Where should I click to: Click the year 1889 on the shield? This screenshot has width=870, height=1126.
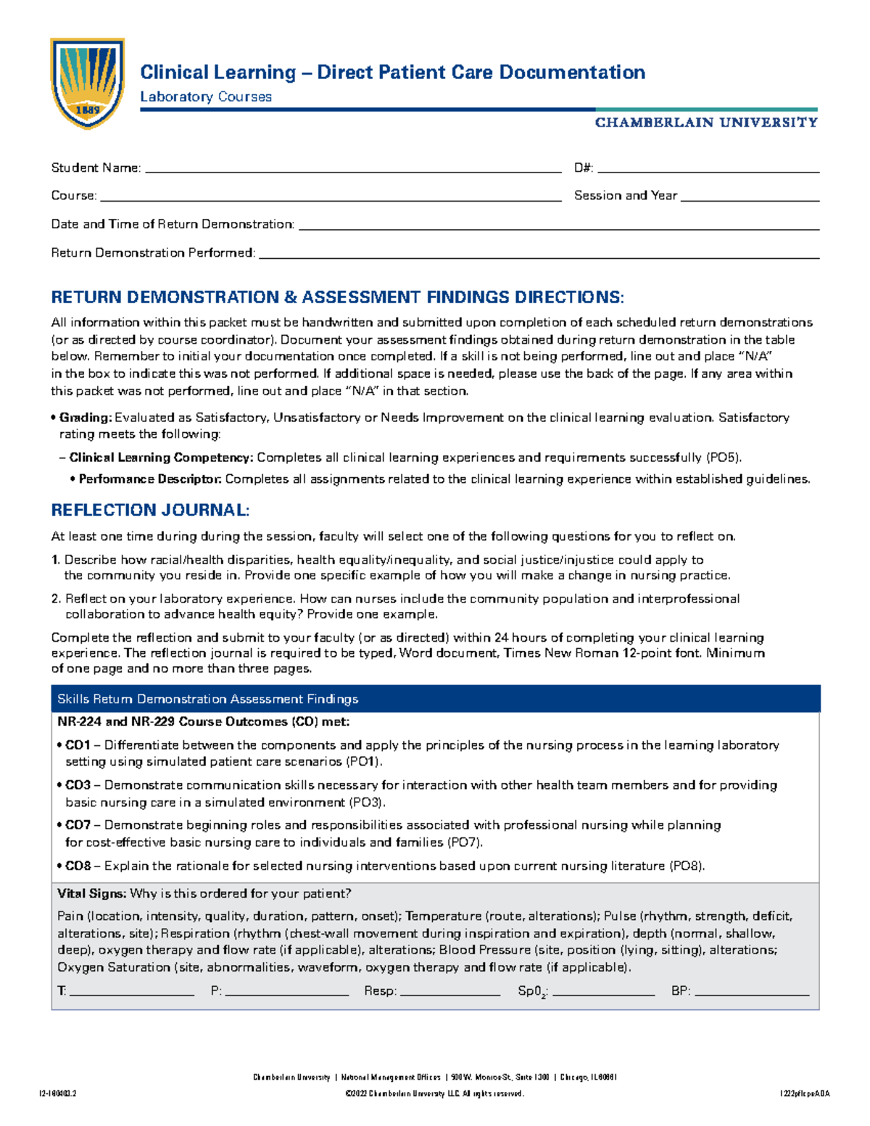click(87, 110)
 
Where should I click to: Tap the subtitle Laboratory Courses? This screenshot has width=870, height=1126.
click(205, 96)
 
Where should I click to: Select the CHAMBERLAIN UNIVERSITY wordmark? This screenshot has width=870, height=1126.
click(705, 123)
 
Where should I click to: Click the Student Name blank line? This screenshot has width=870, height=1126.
click(353, 170)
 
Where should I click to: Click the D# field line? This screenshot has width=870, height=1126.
click(708, 170)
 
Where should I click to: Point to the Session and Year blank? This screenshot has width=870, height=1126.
click(750, 198)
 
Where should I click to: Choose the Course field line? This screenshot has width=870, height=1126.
click(330, 198)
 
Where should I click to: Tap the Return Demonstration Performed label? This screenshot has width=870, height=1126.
click(153, 253)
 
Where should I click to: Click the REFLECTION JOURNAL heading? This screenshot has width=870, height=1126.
click(150, 510)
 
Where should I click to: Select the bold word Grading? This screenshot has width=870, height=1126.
click(86, 418)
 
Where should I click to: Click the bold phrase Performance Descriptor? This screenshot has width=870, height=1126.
click(150, 479)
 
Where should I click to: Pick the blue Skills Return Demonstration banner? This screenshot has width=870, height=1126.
click(435, 699)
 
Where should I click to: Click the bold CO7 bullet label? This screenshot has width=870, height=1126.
click(78, 825)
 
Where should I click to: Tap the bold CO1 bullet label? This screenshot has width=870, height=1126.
click(78, 745)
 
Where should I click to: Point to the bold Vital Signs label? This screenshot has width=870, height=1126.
click(92, 893)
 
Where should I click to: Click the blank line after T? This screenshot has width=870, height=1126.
click(131, 993)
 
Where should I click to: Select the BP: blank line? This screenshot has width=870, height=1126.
click(751, 993)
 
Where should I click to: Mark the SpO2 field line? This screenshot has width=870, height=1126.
click(603, 993)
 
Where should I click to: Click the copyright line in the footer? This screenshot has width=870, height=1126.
click(434, 1093)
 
